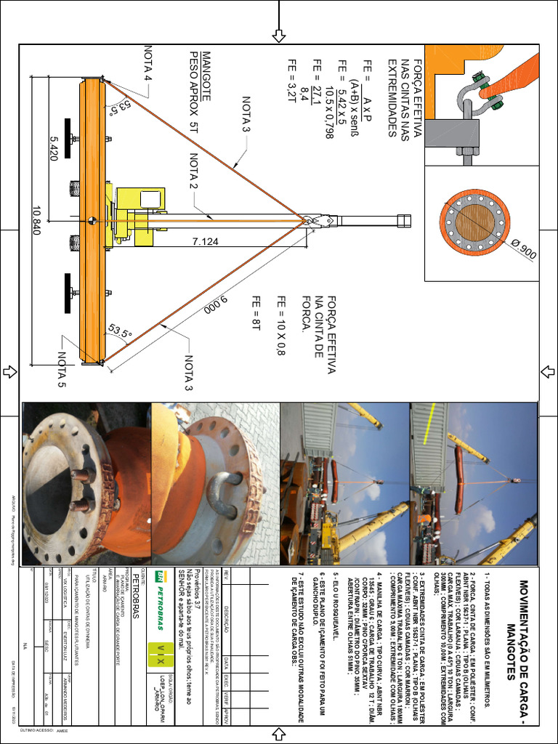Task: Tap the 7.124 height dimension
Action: coord(206,239)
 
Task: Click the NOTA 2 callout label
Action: coord(194,171)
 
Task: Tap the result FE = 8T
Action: coord(255,313)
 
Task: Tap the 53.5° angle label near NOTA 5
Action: coord(120,331)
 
